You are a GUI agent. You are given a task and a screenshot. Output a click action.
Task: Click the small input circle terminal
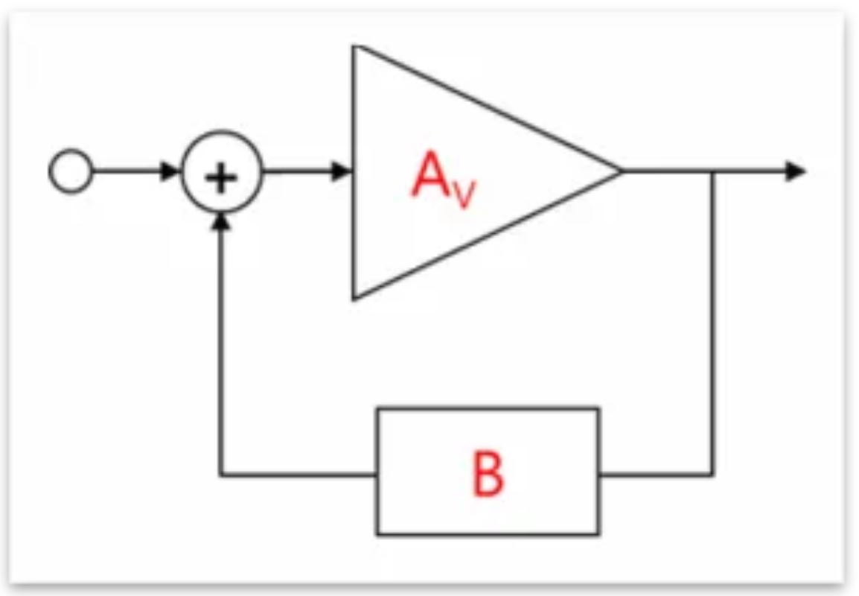coord(71,172)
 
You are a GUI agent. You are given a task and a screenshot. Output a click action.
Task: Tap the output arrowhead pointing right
coord(796,171)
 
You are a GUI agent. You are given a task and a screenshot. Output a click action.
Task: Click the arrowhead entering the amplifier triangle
coord(342,171)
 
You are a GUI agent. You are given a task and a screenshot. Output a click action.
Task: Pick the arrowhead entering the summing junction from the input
coord(173,171)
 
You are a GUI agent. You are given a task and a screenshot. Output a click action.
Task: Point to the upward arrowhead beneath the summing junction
coord(221,221)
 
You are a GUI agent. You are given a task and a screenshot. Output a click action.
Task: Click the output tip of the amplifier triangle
coord(619,171)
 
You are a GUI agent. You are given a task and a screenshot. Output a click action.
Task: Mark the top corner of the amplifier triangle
coord(355,47)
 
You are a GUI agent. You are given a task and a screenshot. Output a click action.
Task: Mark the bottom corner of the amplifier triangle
coord(355,298)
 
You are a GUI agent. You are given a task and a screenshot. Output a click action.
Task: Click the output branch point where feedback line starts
coord(713,171)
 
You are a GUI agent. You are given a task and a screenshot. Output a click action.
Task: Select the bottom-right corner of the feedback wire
coord(713,474)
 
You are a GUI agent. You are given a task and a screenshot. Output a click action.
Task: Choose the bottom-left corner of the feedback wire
coord(221,474)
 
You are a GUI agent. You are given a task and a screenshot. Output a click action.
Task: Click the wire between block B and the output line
coord(655,474)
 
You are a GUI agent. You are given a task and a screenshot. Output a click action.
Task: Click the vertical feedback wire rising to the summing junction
coord(221,350)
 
